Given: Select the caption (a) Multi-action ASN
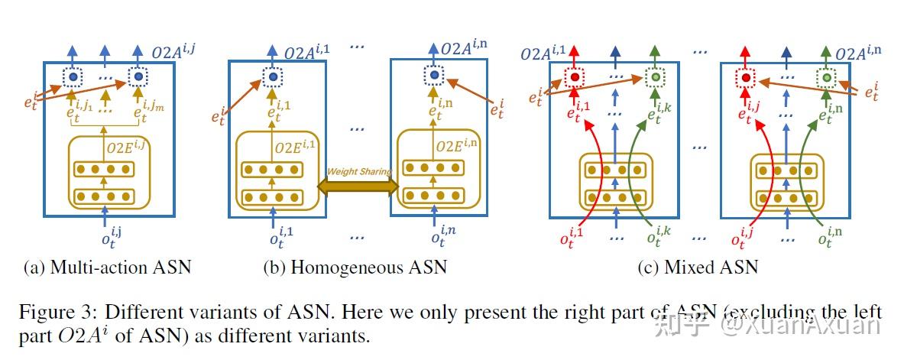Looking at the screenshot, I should click(107, 267).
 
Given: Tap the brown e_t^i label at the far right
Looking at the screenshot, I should click(870, 92).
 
